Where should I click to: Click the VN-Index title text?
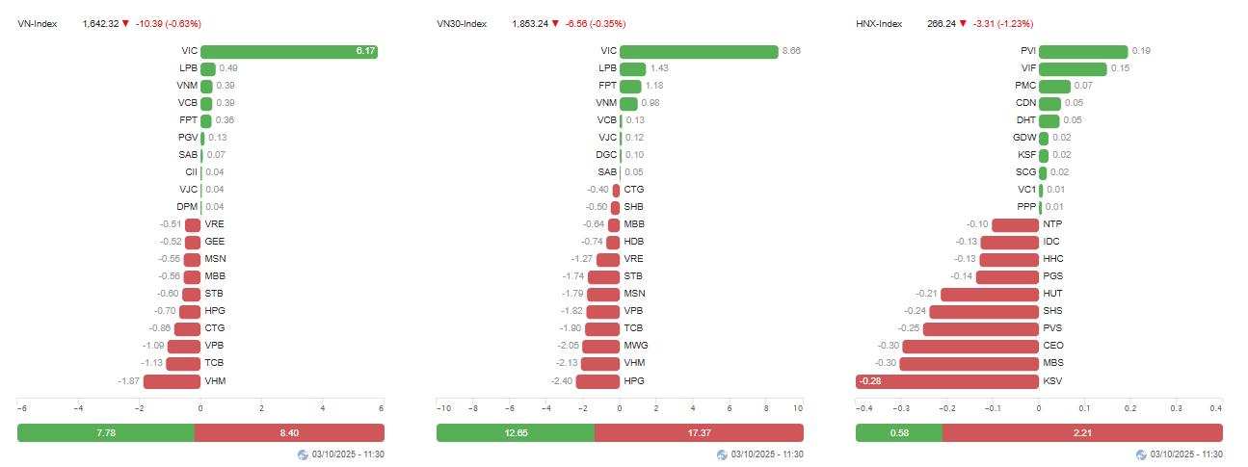pos(38,23)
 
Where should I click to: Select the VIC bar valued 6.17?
pos(289,51)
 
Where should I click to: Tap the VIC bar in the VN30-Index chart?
pos(699,51)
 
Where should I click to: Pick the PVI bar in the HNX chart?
pos(1083,51)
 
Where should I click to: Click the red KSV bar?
pos(947,381)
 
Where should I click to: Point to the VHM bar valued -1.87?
pos(172,381)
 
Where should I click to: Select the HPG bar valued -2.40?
pos(597,381)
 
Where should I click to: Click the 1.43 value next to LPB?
pos(659,68)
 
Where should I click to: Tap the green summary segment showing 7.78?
pos(106,433)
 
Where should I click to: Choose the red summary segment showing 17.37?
pos(699,433)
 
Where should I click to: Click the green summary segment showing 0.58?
pos(898,433)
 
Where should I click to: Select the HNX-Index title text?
pos(879,23)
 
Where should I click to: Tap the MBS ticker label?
pos(1053,364)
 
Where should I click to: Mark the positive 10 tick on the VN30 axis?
pos(798,408)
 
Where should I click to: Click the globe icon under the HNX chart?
pos(1142,454)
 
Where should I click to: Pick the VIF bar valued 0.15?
pos(1073,68)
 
